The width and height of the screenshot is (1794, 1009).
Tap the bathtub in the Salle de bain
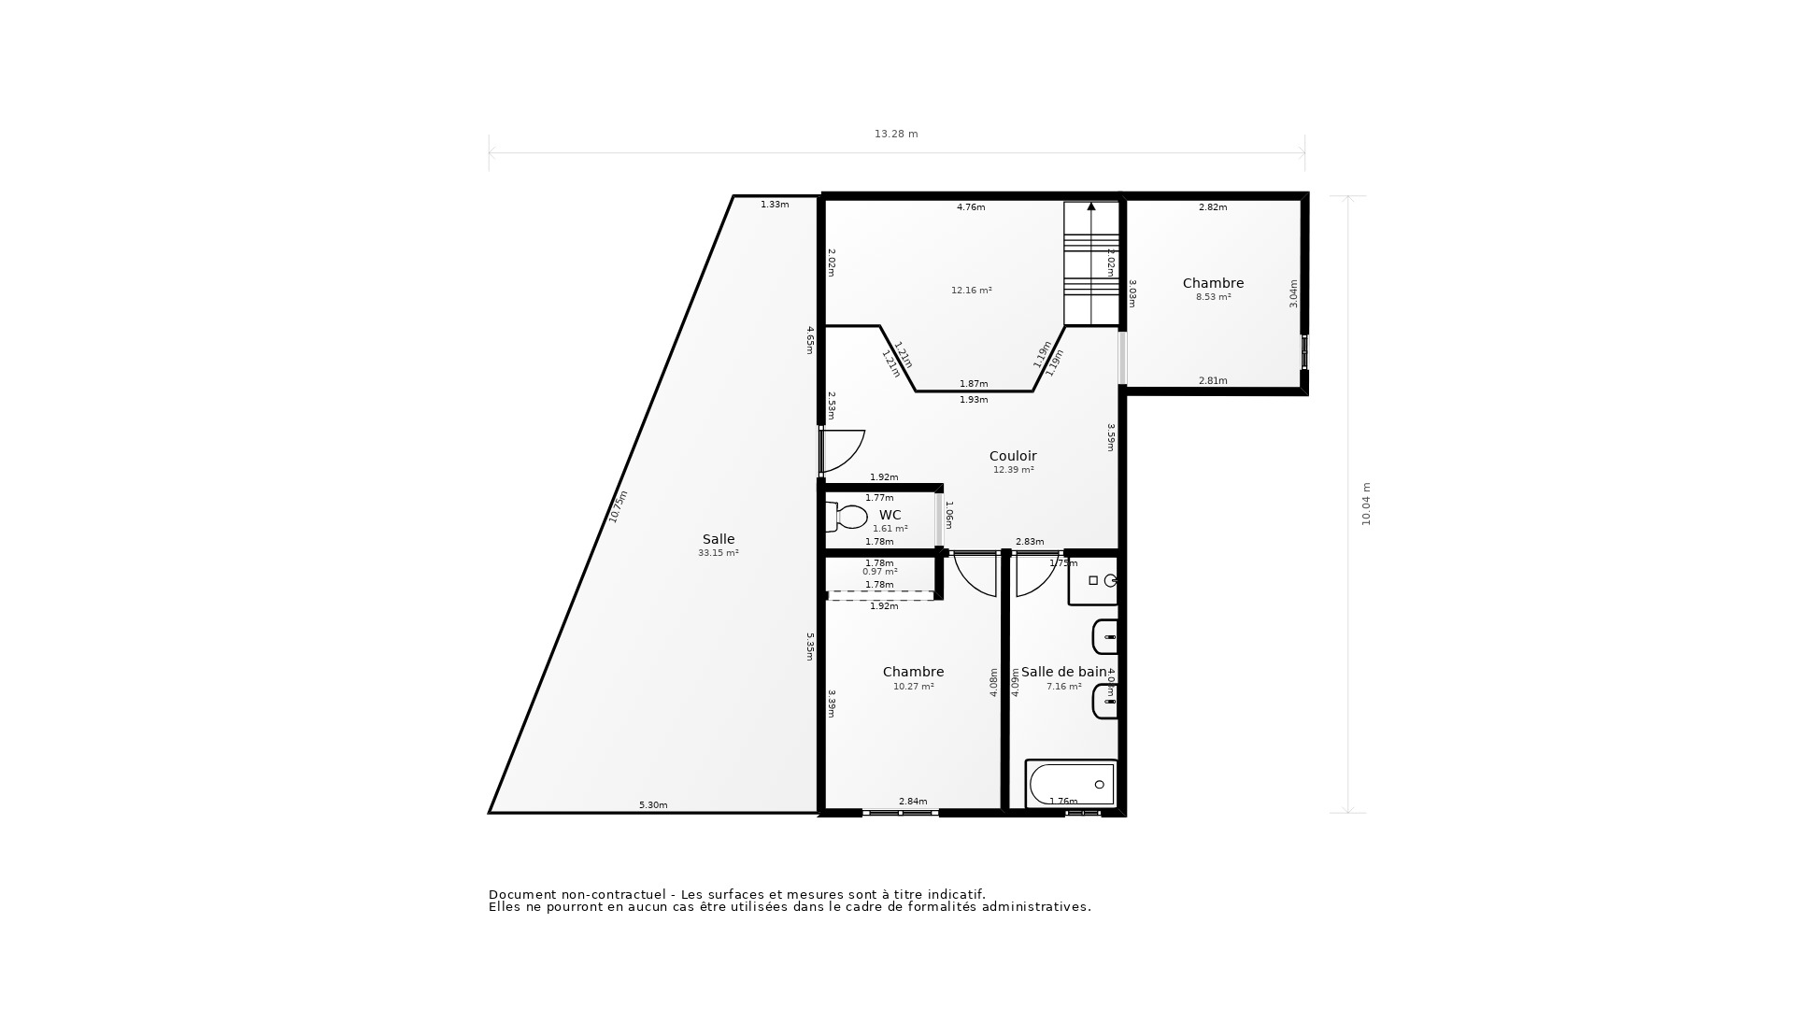(x=1071, y=784)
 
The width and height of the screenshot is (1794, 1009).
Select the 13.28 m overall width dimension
(x=896, y=134)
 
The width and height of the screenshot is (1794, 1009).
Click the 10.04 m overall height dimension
(x=1366, y=504)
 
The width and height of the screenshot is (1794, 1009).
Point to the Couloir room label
(x=1013, y=456)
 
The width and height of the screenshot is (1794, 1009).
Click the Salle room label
(x=719, y=539)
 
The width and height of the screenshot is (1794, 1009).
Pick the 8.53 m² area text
(x=1213, y=297)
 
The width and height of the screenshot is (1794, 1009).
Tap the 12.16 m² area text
(x=971, y=291)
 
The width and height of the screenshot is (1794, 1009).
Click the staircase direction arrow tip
(x=1091, y=206)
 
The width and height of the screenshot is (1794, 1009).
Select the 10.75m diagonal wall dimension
(x=619, y=506)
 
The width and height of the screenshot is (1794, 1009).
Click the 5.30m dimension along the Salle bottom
(x=653, y=805)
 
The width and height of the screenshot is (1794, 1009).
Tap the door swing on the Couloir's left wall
(x=844, y=450)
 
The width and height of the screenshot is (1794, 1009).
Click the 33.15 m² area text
(x=718, y=553)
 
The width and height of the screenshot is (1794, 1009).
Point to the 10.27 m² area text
(x=913, y=687)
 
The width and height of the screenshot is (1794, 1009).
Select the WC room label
(x=890, y=515)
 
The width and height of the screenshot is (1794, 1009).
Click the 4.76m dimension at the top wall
(x=971, y=207)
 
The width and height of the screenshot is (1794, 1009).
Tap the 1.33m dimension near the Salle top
(x=775, y=205)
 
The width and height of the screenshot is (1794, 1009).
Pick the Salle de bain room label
(x=1063, y=672)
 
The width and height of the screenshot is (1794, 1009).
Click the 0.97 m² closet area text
(x=879, y=572)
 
